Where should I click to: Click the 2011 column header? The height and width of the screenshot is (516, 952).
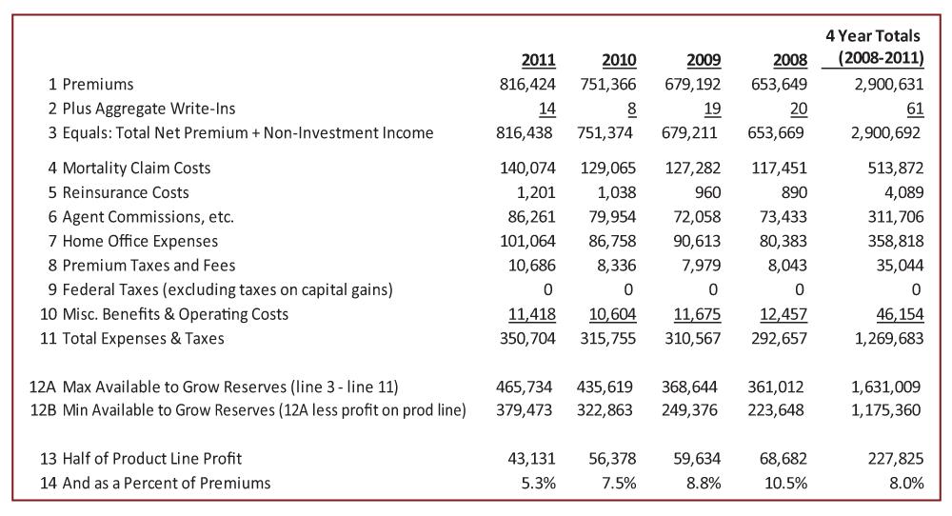[x=539, y=60]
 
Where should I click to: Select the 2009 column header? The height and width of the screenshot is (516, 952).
[x=704, y=60]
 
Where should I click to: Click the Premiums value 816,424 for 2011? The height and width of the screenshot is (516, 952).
[x=527, y=85]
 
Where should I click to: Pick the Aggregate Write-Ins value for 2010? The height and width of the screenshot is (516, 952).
[x=630, y=109]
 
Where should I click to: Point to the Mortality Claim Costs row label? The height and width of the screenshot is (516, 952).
[x=136, y=169]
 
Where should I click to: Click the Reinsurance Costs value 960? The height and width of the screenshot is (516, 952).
[x=705, y=192]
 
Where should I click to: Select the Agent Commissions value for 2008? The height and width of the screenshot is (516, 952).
[x=780, y=217]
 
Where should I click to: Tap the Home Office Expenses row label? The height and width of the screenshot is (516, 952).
[x=140, y=241]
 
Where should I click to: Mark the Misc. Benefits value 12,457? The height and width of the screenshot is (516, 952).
[x=780, y=314]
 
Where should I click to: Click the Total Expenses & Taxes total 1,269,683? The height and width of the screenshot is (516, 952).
[x=886, y=338]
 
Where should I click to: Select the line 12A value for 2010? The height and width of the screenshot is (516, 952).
[x=606, y=387]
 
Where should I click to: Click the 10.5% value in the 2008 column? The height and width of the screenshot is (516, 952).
[x=785, y=484]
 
